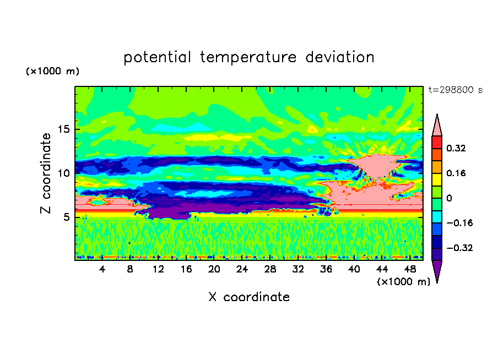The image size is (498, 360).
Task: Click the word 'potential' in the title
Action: (x=157, y=57)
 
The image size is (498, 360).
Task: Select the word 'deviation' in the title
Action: (x=339, y=57)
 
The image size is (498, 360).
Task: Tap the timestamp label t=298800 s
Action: (x=456, y=90)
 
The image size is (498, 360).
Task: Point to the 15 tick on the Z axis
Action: (x=64, y=129)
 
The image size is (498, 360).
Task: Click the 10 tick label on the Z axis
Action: (x=64, y=173)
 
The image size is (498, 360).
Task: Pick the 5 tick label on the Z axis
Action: (x=67, y=217)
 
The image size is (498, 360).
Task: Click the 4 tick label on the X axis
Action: (x=102, y=270)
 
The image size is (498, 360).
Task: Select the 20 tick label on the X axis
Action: (x=214, y=270)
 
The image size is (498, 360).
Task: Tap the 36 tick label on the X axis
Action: (x=326, y=270)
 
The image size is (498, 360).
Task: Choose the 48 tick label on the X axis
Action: (x=410, y=270)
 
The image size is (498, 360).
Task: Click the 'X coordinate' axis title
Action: (x=249, y=297)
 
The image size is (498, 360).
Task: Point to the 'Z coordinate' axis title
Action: (x=45, y=173)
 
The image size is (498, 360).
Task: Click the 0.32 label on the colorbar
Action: (x=456, y=148)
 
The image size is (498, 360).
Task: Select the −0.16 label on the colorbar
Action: (x=459, y=223)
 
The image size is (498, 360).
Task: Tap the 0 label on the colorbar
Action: (x=449, y=198)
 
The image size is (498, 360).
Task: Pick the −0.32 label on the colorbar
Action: (x=459, y=248)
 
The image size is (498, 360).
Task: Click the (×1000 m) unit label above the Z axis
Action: (x=52, y=71)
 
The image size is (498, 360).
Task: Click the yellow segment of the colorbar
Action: (x=437, y=179)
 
